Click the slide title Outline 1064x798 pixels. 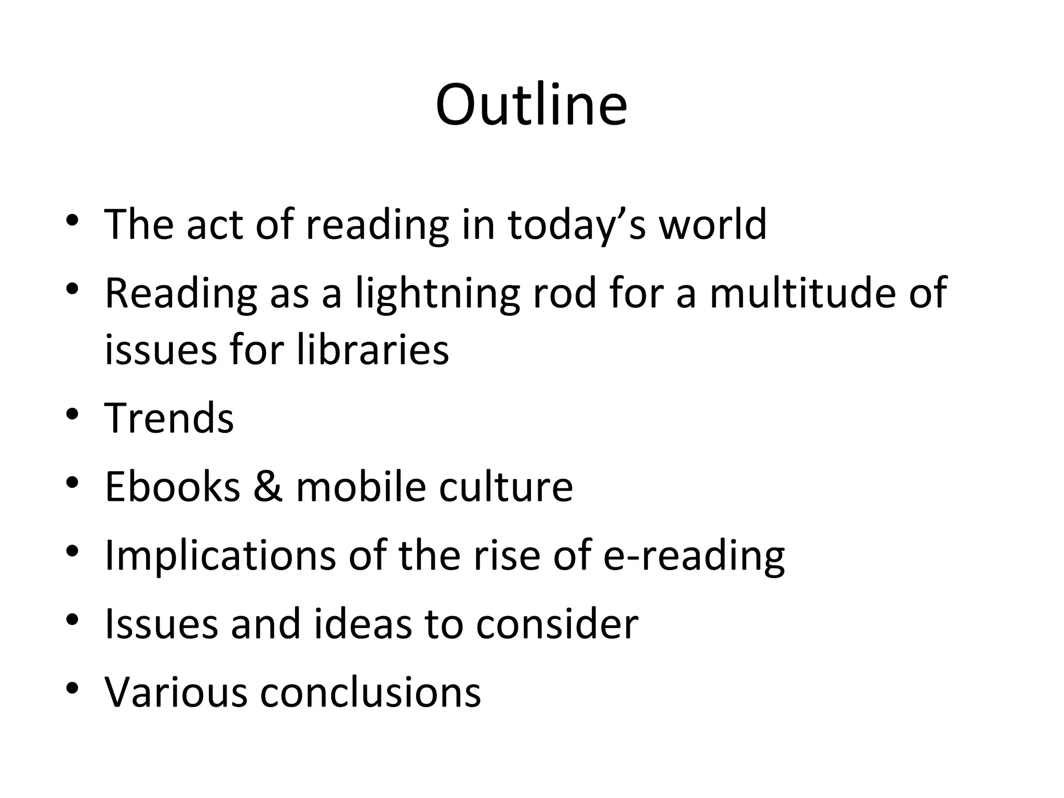coord(531,105)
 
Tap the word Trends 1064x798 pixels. coord(169,418)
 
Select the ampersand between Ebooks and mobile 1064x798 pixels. coord(268,487)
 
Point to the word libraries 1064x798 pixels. coord(373,350)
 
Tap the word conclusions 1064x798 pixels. coord(370,693)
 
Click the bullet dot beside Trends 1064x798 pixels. coord(72,414)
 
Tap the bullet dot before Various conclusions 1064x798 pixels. coord(72,689)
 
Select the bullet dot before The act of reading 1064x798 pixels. coord(72,220)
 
